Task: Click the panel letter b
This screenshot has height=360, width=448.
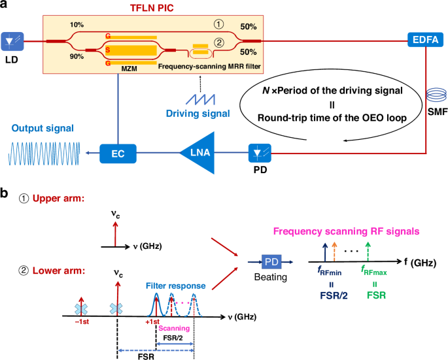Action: tap(5, 195)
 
